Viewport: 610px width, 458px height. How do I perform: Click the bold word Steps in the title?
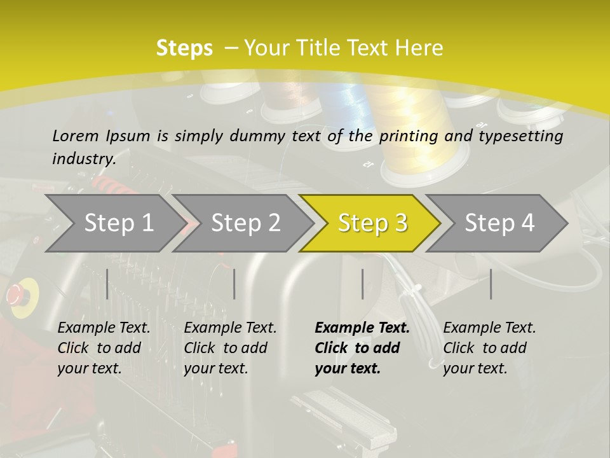184,48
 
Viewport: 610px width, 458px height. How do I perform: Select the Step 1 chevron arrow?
116,223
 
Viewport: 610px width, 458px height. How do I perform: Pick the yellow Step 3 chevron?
370,223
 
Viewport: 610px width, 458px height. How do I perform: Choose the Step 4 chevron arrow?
497,223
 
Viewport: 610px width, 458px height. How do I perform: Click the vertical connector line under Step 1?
107,284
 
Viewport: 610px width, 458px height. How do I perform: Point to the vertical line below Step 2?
234,284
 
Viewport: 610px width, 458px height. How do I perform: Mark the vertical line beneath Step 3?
362,284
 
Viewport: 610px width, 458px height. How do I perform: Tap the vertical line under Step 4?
491,284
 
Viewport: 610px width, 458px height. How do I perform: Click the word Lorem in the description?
76,136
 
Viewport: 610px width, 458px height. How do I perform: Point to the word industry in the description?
84,159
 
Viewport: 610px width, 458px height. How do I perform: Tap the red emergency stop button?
15,295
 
